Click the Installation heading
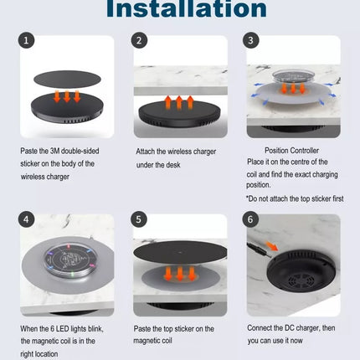[187, 8]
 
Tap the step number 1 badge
[26, 41]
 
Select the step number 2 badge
[139, 41]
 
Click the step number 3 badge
[250, 40]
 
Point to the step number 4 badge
[26, 219]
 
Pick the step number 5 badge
[139, 219]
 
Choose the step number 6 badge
[250, 219]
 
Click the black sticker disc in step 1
[67, 80]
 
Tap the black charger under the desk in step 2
[179, 114]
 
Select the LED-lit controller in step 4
[70, 261]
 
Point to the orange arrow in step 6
[272, 246]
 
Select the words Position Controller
[291, 151]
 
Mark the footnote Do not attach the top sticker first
[295, 198]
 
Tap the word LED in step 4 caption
[62, 329]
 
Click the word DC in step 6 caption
[290, 328]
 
